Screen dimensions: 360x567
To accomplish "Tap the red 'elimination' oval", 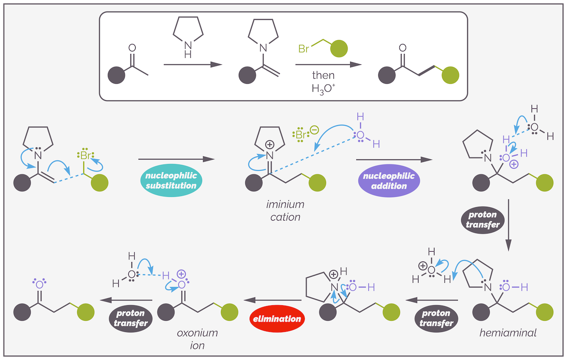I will [276, 319].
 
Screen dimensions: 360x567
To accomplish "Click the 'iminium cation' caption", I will [285, 211].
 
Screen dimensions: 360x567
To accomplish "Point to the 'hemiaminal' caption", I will [502, 333].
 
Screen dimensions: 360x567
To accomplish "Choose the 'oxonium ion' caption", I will [197, 339].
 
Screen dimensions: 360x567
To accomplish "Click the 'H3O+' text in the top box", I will [323, 89].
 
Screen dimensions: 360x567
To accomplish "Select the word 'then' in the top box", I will [323, 76].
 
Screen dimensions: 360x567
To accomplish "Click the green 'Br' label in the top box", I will [304, 49].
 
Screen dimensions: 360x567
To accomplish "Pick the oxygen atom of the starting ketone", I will [132, 48].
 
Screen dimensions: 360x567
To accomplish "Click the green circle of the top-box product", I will [451, 75].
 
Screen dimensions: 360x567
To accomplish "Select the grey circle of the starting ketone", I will [117, 75].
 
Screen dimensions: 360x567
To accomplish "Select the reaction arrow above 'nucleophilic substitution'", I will [176, 159].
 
